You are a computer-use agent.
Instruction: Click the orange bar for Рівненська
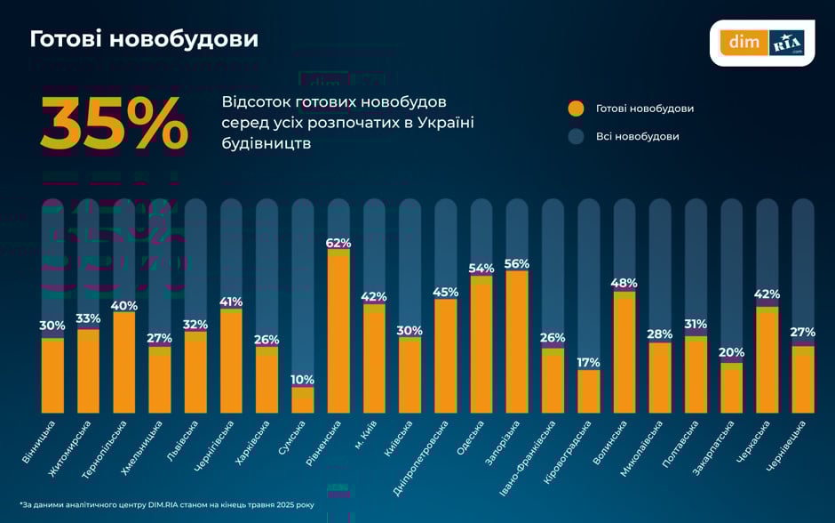click(338, 334)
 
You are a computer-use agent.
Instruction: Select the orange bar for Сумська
click(303, 400)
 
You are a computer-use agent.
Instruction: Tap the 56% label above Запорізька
click(517, 264)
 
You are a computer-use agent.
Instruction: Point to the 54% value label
click(481, 269)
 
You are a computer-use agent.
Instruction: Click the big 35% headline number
click(114, 124)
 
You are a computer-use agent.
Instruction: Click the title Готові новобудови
click(144, 40)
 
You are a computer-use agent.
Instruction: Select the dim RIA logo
click(761, 43)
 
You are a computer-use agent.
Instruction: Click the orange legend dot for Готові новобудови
click(576, 109)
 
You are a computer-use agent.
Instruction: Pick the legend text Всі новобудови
click(637, 137)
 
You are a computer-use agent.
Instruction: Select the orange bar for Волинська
click(624, 353)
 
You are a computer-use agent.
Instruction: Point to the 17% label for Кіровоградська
click(588, 363)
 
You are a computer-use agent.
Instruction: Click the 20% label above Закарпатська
click(731, 353)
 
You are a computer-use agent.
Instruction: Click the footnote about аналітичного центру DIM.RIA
click(167, 505)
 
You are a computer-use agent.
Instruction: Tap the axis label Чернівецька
click(787, 445)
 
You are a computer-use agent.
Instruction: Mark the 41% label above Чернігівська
click(231, 302)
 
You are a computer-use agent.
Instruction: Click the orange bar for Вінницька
click(53, 375)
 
